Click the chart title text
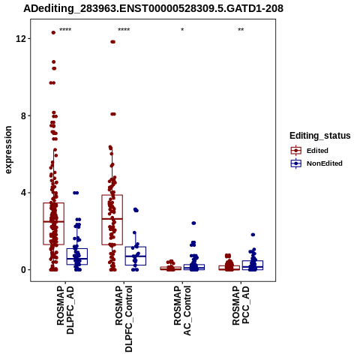153,8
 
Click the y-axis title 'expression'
8,150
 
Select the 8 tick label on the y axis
23,115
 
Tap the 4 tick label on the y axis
23,193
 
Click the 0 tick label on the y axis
23,270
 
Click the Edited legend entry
317,151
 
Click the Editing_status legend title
320,136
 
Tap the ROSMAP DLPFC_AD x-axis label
65,310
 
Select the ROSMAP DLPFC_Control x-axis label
124,319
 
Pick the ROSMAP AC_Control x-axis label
182,310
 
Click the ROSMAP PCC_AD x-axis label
241,305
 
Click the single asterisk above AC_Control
182,30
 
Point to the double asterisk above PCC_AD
241,30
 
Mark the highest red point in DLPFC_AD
53,32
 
